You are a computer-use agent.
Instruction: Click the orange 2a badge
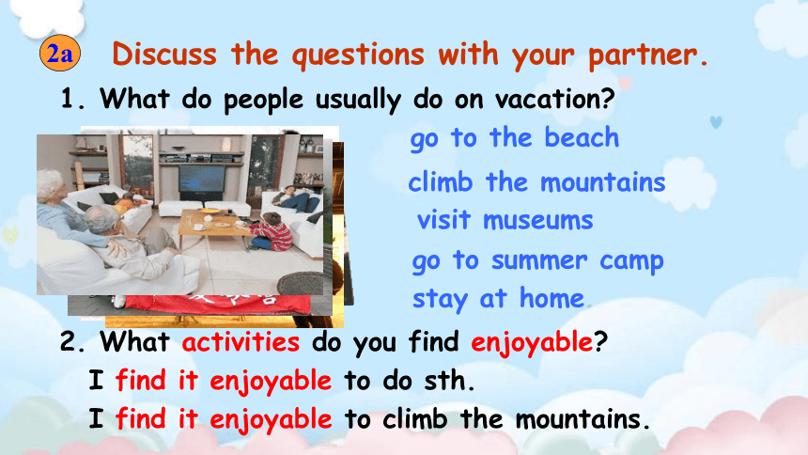[60, 53]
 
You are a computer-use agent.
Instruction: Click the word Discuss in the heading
[164, 54]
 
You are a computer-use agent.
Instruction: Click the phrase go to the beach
[514, 138]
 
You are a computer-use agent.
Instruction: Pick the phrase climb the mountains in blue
[536, 182]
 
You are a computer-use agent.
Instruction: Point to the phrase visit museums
[505, 221]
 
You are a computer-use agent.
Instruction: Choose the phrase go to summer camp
[537, 261]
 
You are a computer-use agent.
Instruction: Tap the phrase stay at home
[498, 299]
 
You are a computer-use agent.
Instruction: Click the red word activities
[241, 342]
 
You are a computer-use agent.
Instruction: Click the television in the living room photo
[202, 178]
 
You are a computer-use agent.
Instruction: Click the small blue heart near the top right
[716, 122]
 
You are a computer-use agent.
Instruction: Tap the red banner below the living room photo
[217, 304]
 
